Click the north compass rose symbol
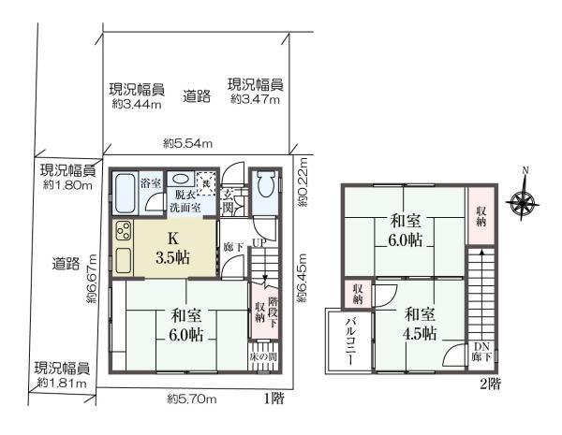[524, 201]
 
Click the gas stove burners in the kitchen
[124, 233]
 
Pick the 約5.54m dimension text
[187, 143]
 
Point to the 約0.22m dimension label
[301, 185]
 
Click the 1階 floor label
[273, 399]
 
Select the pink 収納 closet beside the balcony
[357, 294]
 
